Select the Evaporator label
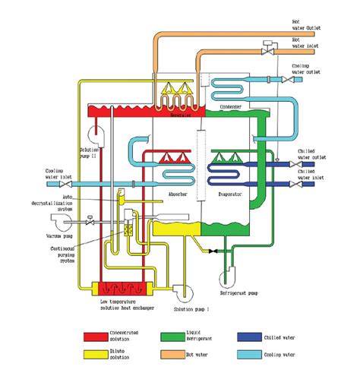[228, 194]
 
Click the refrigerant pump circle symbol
[229, 264]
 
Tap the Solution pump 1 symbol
[182, 289]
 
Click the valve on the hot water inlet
[267, 45]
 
